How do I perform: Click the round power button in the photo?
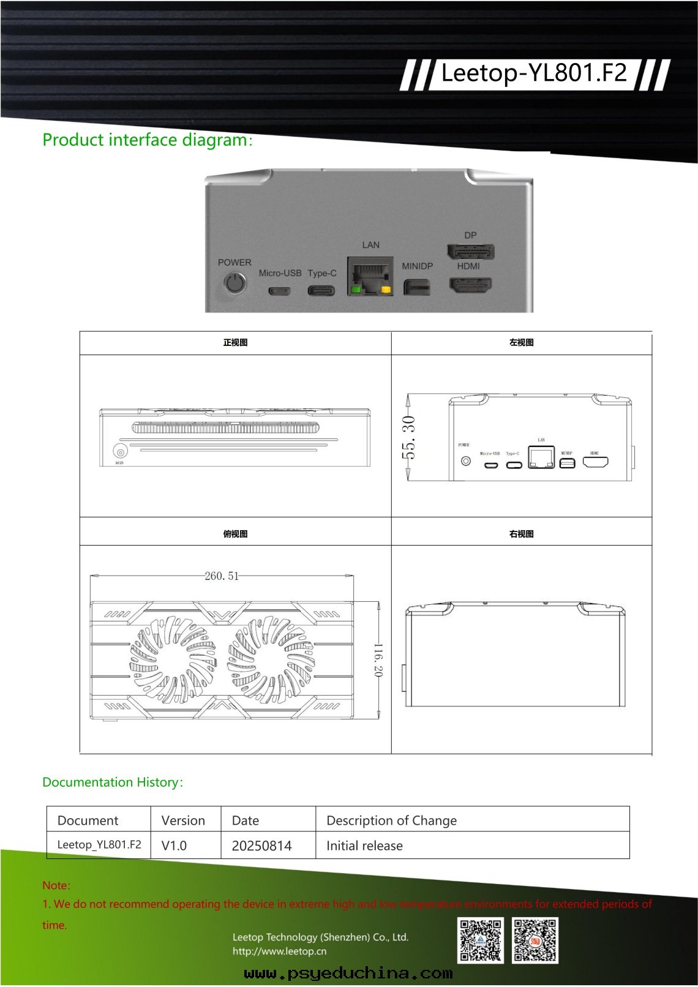point(235,283)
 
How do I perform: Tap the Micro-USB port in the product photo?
point(279,290)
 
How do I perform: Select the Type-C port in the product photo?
point(321,290)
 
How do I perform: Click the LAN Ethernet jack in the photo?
point(370,276)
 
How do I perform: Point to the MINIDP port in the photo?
point(417,287)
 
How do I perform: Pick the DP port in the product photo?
point(470,252)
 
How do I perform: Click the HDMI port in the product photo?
point(470,285)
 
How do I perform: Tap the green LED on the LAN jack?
point(355,289)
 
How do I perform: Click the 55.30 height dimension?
point(408,437)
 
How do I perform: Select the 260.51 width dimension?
point(222,576)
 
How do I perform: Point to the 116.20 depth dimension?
point(378,660)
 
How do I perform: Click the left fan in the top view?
point(173,659)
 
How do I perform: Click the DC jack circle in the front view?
point(120,452)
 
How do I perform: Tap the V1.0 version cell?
point(174,846)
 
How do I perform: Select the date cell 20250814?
point(261,846)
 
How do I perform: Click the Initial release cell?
point(364,846)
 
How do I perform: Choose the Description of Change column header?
point(391,820)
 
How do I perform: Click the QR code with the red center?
point(535,940)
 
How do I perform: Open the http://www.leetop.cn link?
point(279,951)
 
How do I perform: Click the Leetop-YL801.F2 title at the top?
point(534,73)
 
